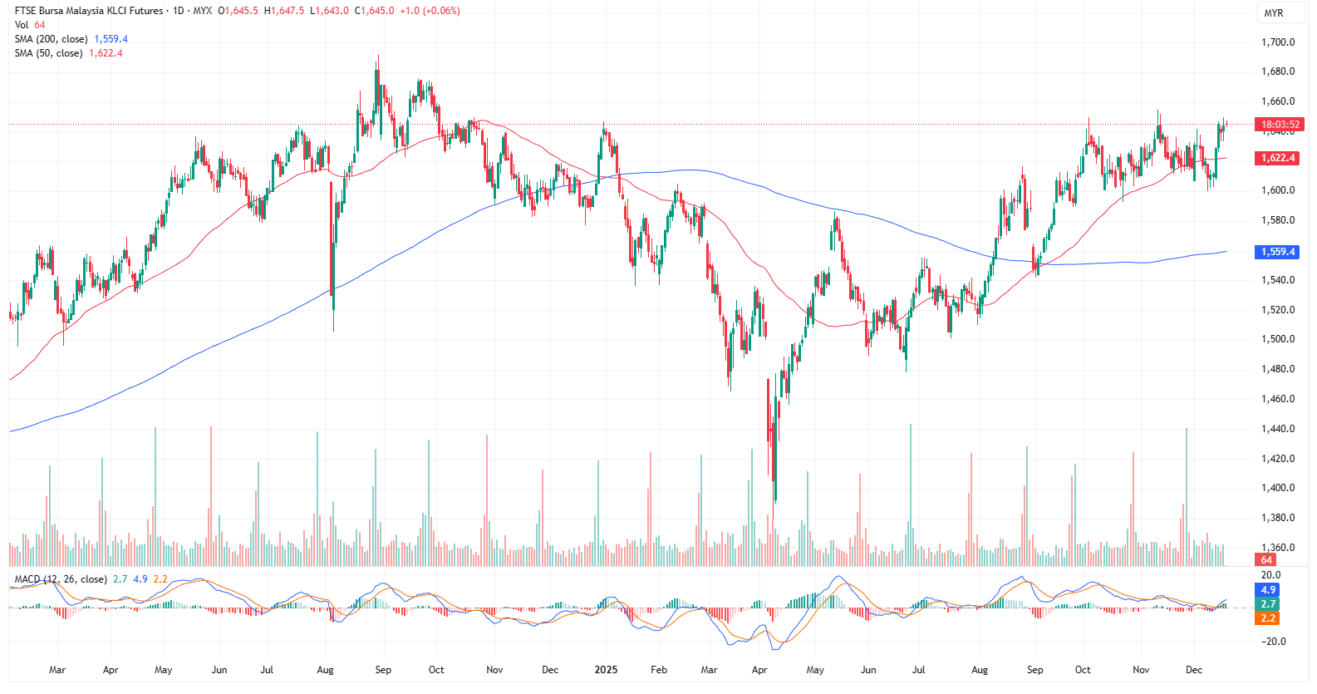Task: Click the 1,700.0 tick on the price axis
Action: (1278, 42)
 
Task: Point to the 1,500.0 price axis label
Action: (1278, 339)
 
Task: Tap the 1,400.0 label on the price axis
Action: (1278, 488)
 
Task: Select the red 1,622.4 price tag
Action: (1278, 158)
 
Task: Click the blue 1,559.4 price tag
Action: (1278, 252)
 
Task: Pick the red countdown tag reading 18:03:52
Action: (1280, 125)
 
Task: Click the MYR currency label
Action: (1273, 13)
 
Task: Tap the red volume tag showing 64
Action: (1266, 560)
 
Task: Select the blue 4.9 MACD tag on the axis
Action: (1268, 590)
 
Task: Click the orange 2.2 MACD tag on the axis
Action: (1268, 618)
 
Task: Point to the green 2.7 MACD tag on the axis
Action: (1268, 604)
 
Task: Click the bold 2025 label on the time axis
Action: (606, 670)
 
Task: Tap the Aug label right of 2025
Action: (980, 670)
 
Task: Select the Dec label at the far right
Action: (1194, 670)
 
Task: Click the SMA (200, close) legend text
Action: (51, 39)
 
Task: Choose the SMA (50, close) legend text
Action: (48, 53)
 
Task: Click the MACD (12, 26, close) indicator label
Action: (61, 579)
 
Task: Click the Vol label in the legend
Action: (21, 25)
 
